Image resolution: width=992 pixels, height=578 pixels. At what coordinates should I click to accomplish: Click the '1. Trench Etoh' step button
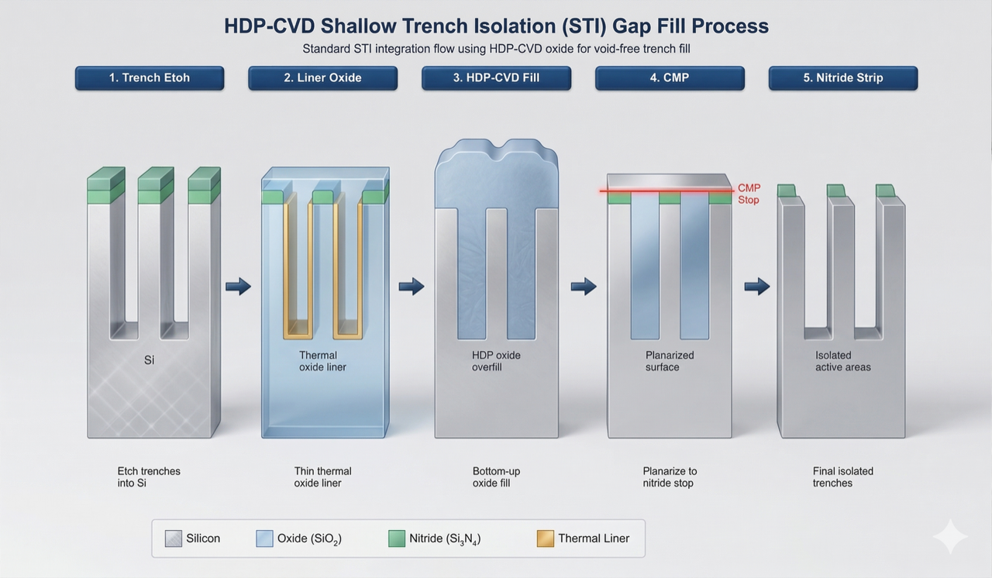point(150,78)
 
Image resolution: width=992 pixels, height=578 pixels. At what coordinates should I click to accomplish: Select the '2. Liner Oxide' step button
point(322,78)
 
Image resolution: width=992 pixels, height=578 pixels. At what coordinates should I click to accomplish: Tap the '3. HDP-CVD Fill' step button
point(496,78)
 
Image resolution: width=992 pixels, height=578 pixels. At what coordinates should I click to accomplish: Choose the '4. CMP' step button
point(670,78)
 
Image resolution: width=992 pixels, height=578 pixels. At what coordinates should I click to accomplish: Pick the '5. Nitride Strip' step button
point(842,78)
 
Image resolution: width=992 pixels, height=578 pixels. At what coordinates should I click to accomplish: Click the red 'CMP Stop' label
point(749,194)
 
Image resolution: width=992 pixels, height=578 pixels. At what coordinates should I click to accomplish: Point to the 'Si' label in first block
point(150,360)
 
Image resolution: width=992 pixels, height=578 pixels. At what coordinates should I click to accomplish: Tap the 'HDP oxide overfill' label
point(496,361)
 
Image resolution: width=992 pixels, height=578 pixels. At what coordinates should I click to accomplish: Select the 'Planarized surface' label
point(670,361)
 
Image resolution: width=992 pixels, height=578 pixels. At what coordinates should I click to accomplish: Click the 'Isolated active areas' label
point(842,361)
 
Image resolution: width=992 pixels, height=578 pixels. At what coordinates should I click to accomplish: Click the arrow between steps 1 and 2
point(238,287)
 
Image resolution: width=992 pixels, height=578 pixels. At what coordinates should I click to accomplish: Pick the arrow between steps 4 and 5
point(757,287)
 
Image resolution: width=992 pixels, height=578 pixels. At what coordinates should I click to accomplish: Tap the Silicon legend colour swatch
point(174,538)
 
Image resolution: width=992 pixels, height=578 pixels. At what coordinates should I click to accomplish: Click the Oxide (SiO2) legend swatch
point(265,538)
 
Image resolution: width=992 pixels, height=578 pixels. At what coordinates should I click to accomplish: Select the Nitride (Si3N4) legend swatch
point(397,538)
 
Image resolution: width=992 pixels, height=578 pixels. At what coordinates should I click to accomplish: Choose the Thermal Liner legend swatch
point(546,538)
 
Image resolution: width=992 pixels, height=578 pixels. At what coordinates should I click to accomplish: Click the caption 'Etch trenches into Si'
point(149,477)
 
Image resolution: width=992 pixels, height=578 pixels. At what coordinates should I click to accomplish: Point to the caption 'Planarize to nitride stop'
point(670,477)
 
